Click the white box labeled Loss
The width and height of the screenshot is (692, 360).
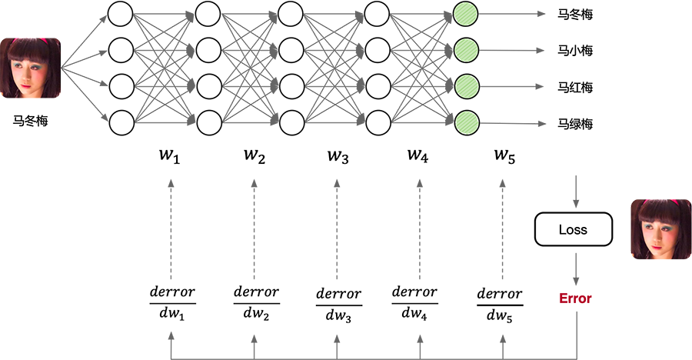pos(573,229)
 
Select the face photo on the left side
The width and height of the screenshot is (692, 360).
pos(30,74)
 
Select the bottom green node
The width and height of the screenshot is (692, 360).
pos(465,121)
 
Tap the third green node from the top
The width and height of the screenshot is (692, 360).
pos(465,85)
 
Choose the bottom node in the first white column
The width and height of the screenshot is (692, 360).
pos(119,121)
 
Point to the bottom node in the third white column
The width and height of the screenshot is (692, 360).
pos(291,121)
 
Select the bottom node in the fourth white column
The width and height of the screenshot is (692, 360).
pos(378,121)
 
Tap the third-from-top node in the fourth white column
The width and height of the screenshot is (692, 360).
pos(378,85)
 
